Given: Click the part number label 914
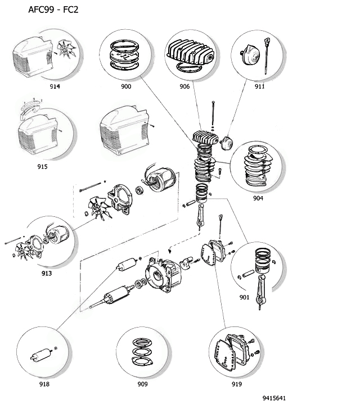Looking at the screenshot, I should click(55, 87).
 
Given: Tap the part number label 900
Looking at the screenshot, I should click(126, 87).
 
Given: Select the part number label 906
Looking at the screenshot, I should click(184, 87).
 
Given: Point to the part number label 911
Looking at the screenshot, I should click(259, 87).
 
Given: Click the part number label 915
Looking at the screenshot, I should click(42, 166).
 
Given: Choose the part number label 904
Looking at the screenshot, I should click(258, 198).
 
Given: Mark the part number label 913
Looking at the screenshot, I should click(47, 273).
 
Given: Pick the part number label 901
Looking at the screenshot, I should click(244, 297).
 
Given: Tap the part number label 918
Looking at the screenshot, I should click(44, 384).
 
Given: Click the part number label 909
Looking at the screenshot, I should click(142, 384).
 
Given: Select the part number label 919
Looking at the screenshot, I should click(236, 384).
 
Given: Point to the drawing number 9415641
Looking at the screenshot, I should click(274, 398).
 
